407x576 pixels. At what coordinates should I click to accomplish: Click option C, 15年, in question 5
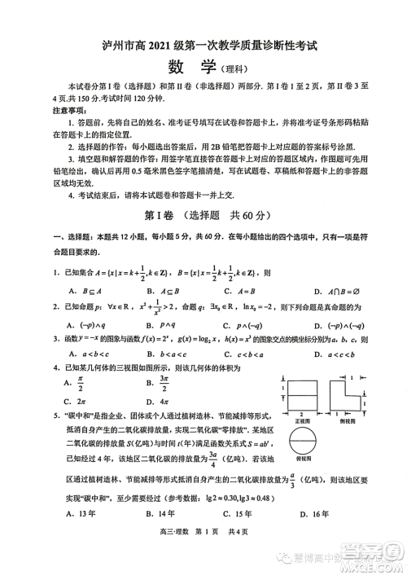pyautogui.click(x=232, y=513)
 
